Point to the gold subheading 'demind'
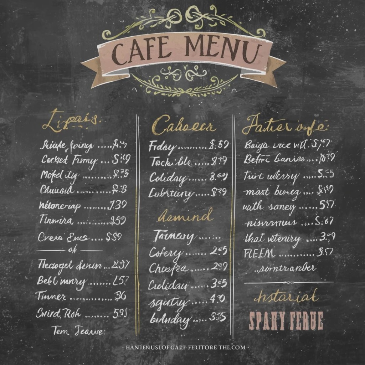[x=185, y=216]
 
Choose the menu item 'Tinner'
[x=51, y=296]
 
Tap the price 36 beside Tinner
[x=120, y=295]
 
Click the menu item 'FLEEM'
[x=259, y=253]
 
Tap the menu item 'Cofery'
[x=165, y=253]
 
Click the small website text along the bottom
[x=185, y=347]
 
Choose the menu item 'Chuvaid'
[x=57, y=190]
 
